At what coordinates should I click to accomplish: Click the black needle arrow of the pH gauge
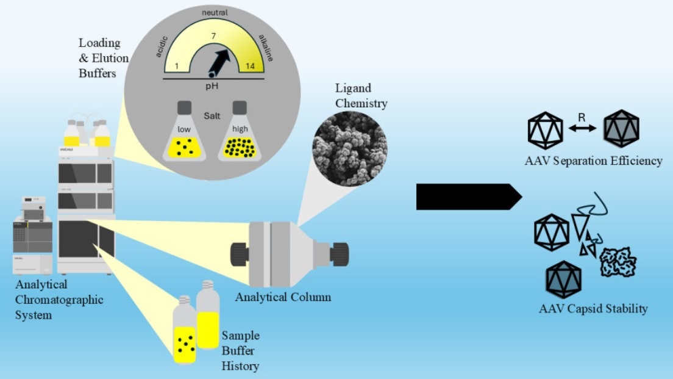tap(221, 60)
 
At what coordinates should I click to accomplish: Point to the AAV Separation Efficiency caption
tap(593, 161)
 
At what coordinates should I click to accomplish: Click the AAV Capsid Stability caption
tap(593, 309)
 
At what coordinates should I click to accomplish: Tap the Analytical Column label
tap(283, 297)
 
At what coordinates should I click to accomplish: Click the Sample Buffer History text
tap(240, 351)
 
